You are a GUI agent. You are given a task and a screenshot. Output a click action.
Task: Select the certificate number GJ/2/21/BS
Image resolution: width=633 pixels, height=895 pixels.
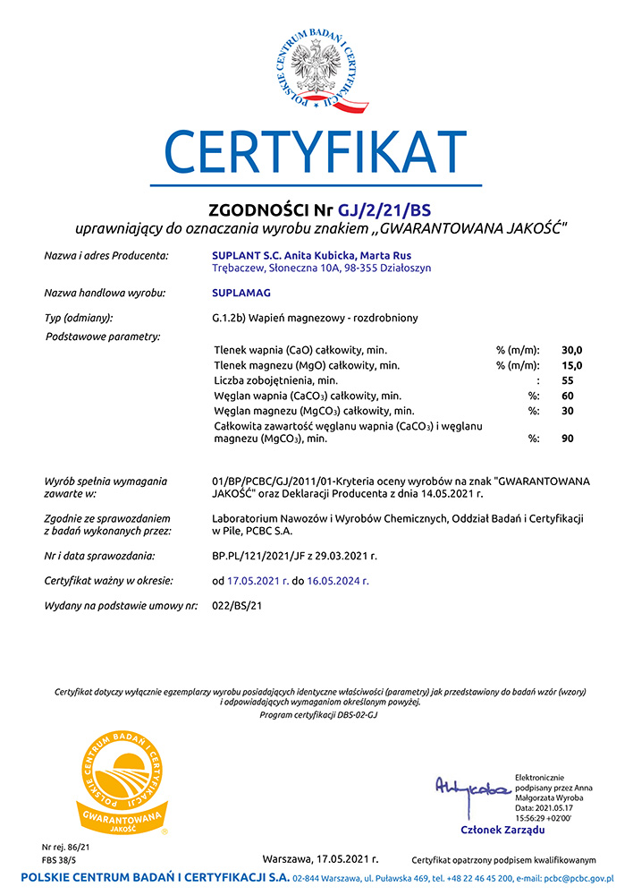[x=384, y=211]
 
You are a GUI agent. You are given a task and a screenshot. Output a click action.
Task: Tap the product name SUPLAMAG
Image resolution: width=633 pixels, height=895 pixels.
[x=241, y=293]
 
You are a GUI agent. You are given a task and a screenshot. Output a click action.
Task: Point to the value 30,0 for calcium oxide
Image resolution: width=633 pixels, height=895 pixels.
[x=571, y=349]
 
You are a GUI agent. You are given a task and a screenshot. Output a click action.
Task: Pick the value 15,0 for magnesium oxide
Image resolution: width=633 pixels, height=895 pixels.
[x=571, y=365]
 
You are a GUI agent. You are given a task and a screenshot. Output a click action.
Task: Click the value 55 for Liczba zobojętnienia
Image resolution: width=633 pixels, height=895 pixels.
[x=567, y=380]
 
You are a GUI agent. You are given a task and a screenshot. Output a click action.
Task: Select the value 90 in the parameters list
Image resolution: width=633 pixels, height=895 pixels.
[x=567, y=439]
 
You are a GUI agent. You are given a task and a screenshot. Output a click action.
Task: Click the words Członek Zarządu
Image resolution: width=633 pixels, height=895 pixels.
[x=502, y=830]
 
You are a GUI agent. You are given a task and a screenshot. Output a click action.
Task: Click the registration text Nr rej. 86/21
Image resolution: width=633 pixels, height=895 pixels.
[x=66, y=846]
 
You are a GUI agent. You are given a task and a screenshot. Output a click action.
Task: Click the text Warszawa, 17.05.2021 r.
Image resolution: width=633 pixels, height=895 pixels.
[x=320, y=858]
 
